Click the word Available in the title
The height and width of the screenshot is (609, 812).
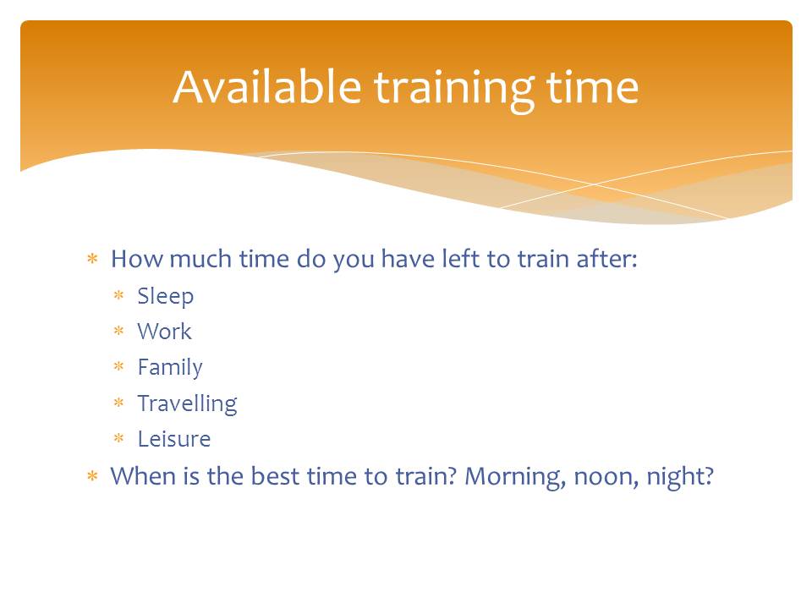click(x=267, y=87)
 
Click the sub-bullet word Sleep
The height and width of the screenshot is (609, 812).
click(x=166, y=297)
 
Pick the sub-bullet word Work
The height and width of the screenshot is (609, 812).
click(x=165, y=332)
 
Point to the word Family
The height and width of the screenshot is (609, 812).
click(x=170, y=368)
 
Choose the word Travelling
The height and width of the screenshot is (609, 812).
click(x=188, y=404)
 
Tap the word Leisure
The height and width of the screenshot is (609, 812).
click(x=174, y=439)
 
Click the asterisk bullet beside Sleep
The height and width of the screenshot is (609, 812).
click(x=119, y=295)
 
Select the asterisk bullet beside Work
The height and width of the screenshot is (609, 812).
click(x=119, y=331)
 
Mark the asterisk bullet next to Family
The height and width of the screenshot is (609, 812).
click(x=119, y=366)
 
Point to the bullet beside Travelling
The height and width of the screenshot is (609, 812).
click(x=119, y=403)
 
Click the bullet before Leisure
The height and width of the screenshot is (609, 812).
click(x=119, y=438)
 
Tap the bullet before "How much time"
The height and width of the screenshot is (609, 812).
click(x=93, y=259)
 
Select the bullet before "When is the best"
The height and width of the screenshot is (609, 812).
click(x=93, y=475)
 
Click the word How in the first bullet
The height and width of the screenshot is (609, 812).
click(x=137, y=259)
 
